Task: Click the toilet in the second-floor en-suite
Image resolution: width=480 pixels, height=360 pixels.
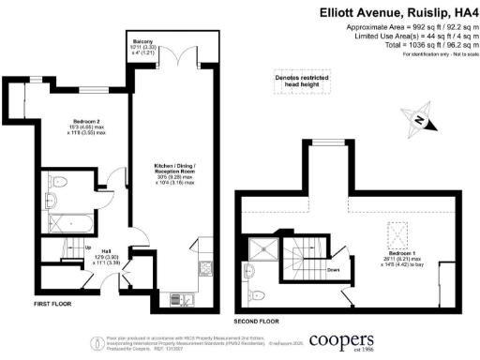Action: tap(259, 272)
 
